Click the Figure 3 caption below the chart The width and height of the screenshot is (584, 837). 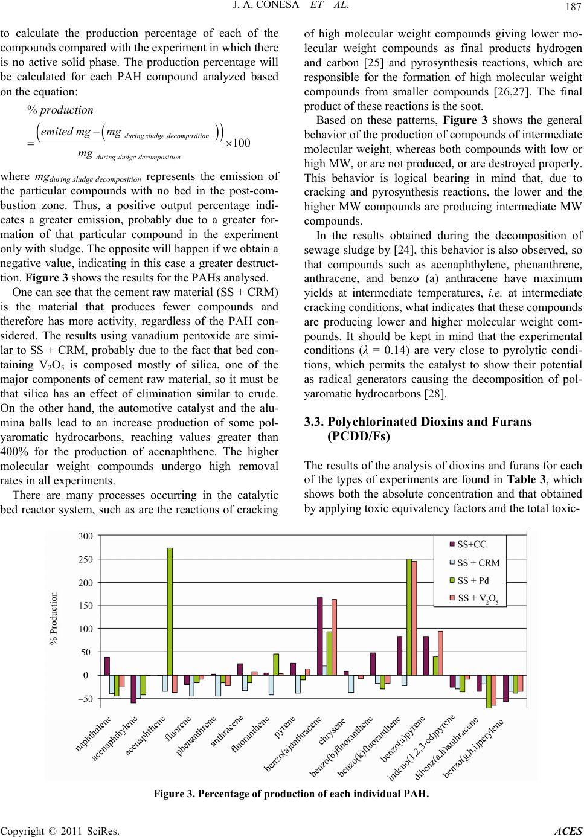pos(291,792)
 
